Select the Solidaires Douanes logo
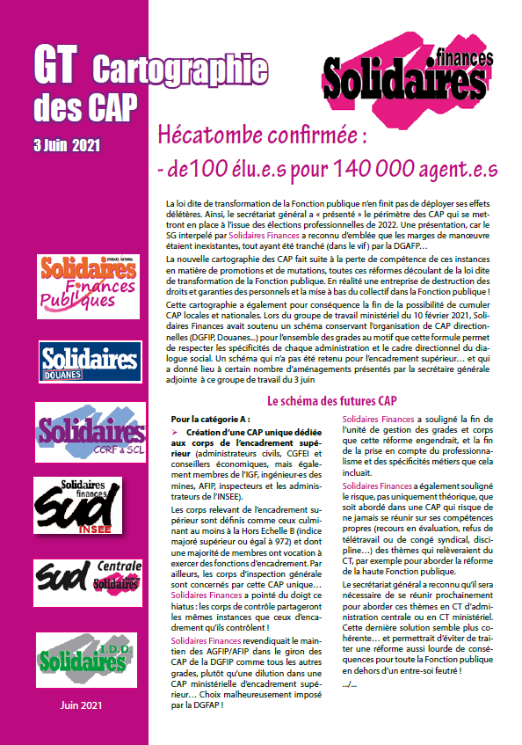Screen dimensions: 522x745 click(85, 361)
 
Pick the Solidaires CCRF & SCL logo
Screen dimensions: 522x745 click(86, 432)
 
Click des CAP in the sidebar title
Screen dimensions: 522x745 click(85, 106)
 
